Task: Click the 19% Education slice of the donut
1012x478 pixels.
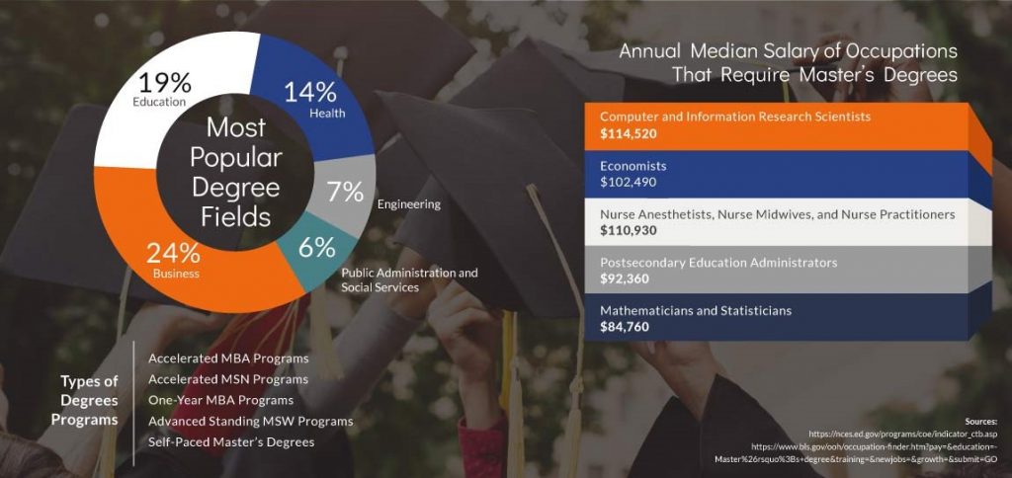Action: tap(148, 97)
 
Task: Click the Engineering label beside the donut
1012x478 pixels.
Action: tap(408, 204)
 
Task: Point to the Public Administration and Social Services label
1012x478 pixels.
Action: tap(409, 279)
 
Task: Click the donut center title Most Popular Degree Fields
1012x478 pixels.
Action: tap(235, 172)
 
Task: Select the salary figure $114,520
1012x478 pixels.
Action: tap(628, 134)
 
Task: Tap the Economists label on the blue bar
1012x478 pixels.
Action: tap(632, 167)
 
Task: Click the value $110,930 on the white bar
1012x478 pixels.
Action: tap(628, 230)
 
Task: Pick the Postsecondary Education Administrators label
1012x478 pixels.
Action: tap(718, 263)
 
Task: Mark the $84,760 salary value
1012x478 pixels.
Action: tap(625, 327)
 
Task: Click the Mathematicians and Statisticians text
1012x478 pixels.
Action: tap(695, 311)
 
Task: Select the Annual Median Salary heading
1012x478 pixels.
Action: tap(788, 62)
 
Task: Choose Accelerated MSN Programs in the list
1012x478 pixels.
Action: tap(228, 379)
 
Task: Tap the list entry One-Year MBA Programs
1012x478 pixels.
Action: tap(220, 400)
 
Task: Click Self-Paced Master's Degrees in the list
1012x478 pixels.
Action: tap(231, 441)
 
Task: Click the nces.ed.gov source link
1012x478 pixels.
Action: tap(903, 435)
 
